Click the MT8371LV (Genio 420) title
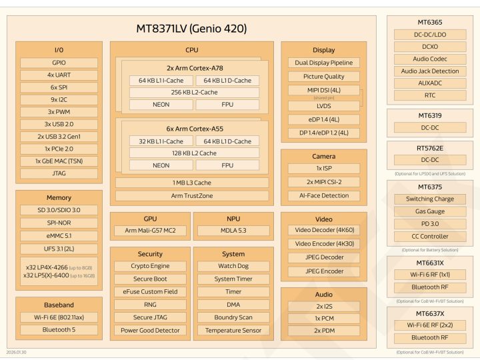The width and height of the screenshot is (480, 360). pyautogui.click(x=191, y=29)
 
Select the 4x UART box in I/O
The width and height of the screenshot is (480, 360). pyautogui.click(x=59, y=75)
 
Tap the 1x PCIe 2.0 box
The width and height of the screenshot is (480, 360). pyautogui.click(x=59, y=149)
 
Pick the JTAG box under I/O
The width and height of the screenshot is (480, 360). pyautogui.click(x=59, y=173)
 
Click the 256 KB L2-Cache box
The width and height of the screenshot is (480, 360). pyautogui.click(x=194, y=92)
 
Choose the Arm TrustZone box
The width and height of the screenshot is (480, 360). pyautogui.click(x=192, y=196)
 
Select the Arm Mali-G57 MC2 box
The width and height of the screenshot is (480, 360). pyautogui.click(x=149, y=231)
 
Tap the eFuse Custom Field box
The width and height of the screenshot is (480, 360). pyautogui.click(x=150, y=292)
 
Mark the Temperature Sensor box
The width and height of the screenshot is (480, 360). pyautogui.click(x=233, y=330)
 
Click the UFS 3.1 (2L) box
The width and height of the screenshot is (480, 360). pyautogui.click(x=59, y=249)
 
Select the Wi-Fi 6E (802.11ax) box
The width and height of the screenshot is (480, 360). pyautogui.click(x=59, y=317)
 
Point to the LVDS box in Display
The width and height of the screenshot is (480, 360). pyautogui.click(x=324, y=106)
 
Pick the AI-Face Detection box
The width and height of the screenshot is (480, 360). pyautogui.click(x=324, y=196)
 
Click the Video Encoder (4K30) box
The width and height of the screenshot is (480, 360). pyautogui.click(x=324, y=244)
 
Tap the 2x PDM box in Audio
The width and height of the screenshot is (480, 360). pyautogui.click(x=324, y=331)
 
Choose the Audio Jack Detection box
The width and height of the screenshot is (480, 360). pyautogui.click(x=430, y=71)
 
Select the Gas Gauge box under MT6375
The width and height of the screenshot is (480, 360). pyautogui.click(x=430, y=211)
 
